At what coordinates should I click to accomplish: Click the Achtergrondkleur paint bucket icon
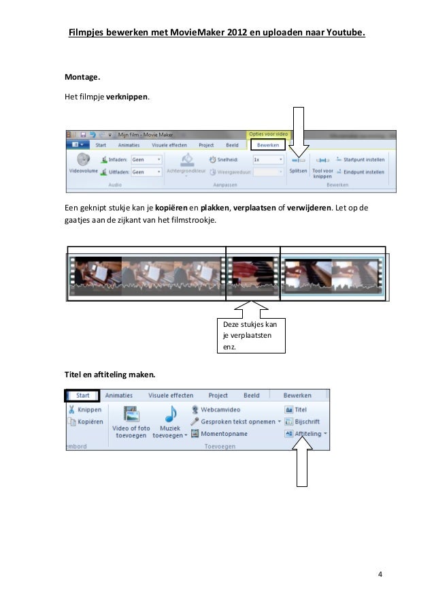pos(186,160)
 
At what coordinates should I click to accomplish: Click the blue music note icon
pos(170,414)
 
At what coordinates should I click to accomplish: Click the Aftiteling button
pos(305,433)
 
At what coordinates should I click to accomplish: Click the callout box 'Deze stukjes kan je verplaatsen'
pos(251,335)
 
